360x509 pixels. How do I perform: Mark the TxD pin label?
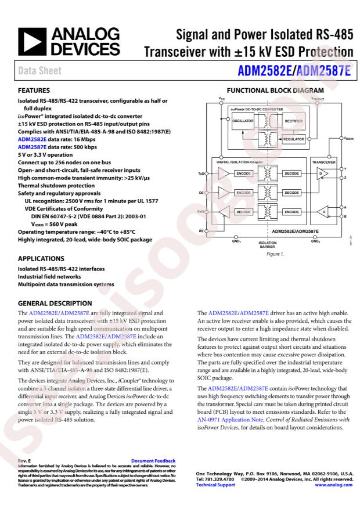[200, 173]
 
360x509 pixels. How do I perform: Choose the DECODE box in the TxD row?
[292, 173]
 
